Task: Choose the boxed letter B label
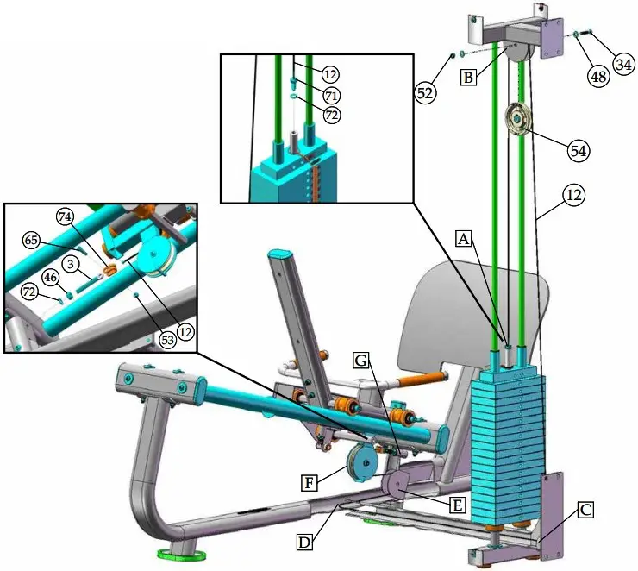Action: pyautogui.click(x=468, y=78)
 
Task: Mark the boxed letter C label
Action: pyautogui.click(x=585, y=510)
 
